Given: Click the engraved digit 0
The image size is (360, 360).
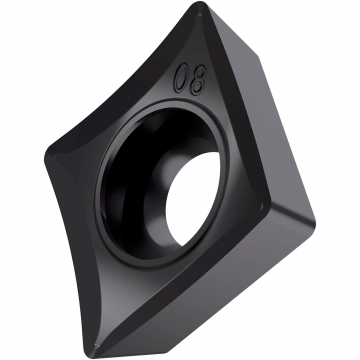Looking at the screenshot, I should click(182, 76).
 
